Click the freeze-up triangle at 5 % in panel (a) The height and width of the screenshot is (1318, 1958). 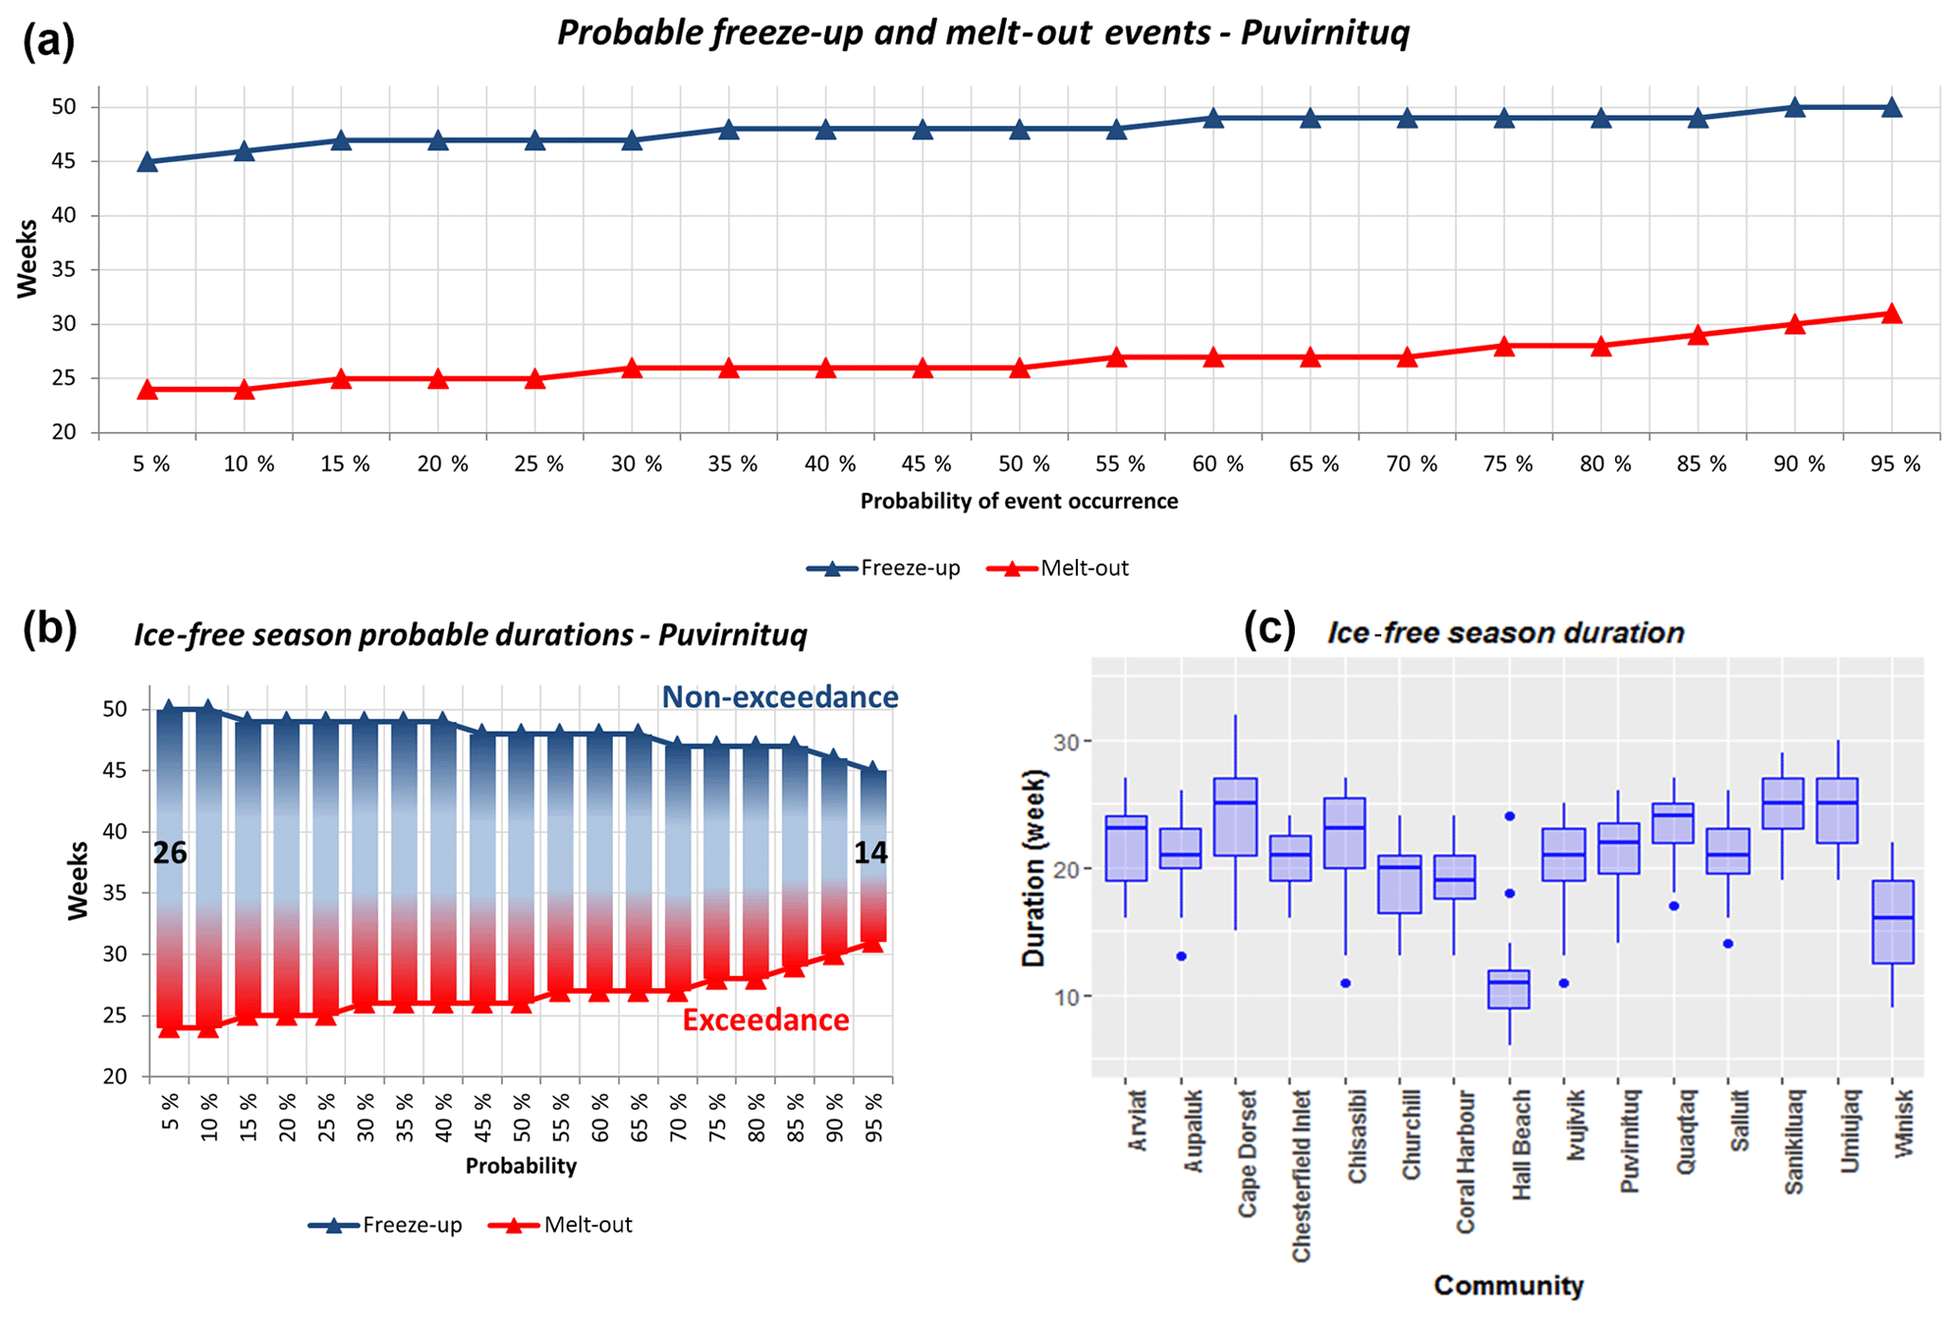coord(147,162)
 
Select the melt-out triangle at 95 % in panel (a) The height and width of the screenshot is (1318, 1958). coord(1892,314)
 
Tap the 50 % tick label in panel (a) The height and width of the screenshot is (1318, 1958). coord(1024,464)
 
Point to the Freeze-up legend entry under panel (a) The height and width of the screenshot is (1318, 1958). coord(883,569)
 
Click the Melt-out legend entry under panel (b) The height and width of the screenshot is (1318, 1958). coord(561,1225)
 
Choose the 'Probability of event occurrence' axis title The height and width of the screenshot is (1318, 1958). coord(1019,501)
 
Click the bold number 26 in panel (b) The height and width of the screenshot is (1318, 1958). coord(171,854)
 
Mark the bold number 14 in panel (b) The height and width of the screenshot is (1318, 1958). coord(871,854)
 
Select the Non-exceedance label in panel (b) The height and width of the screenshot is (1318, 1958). coord(780,697)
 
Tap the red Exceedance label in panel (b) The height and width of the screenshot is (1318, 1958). coord(765,1020)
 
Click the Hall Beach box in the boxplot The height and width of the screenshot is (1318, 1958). coord(1509,989)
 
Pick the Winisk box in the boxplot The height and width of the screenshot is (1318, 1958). coord(1892,922)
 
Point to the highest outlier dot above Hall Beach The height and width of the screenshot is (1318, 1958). coord(1510,816)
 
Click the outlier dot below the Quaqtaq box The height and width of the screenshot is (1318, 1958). coord(1674,906)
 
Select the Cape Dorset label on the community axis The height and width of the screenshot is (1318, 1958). coord(1247,1153)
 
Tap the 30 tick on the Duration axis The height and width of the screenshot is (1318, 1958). coord(1066,741)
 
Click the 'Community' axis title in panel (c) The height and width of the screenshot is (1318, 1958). coord(1508,1286)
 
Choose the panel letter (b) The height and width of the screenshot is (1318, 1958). coord(49,628)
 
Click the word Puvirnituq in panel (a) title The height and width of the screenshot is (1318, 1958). coord(1324,33)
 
